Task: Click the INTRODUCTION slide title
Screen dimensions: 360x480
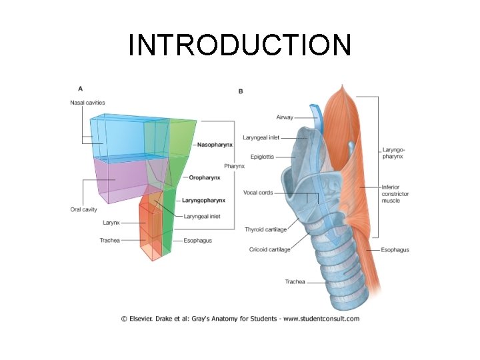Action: pos(239,45)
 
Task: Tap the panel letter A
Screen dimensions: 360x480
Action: pos(81,88)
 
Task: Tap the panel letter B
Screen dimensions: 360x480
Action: pos(241,91)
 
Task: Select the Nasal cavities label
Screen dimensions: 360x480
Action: pos(87,102)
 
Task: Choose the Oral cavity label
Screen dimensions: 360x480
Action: pos(83,209)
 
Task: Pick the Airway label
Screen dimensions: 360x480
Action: pos(285,117)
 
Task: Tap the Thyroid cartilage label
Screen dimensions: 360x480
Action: pos(266,229)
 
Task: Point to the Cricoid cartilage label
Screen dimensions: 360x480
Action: pos(270,249)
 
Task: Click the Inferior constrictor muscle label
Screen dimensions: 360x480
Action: pos(395,193)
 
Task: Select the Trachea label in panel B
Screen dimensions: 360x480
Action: pos(295,282)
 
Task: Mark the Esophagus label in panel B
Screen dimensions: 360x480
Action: pos(395,249)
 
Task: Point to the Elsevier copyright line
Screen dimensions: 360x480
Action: pos(240,319)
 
